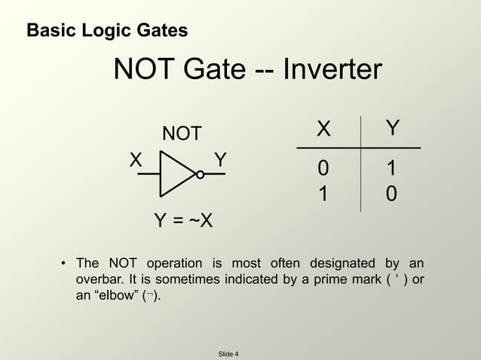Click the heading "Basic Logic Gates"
point(107,31)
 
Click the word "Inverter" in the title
point(332,71)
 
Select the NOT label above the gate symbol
point(182,134)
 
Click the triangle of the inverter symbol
point(176,174)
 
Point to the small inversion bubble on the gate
point(200,175)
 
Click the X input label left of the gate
point(135,160)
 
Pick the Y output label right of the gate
point(220,160)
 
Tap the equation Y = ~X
point(182,221)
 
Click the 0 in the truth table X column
point(323,168)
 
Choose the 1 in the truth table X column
point(323,194)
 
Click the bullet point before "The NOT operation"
point(63,264)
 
